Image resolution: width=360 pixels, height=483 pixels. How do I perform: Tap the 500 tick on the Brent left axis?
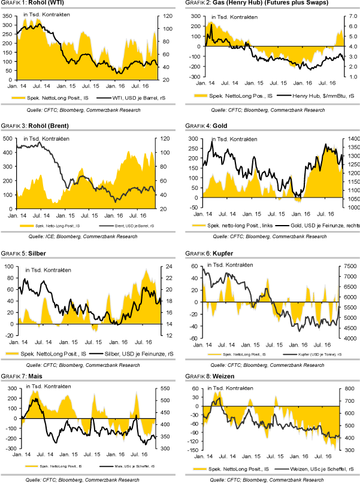(7, 138)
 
